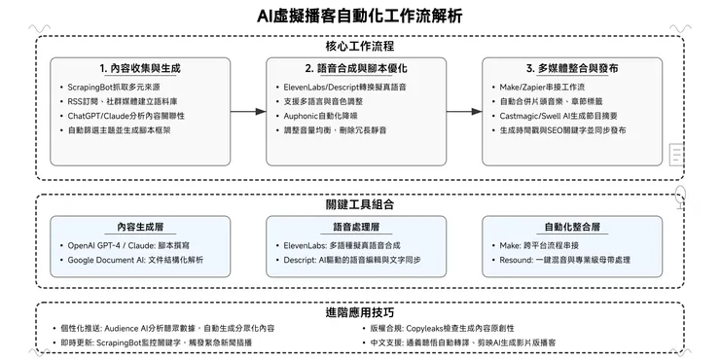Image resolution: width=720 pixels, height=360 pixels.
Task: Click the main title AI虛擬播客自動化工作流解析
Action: point(360,16)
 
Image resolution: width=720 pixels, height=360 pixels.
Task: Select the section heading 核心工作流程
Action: point(360,45)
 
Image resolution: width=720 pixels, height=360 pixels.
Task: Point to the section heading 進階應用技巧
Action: point(360,312)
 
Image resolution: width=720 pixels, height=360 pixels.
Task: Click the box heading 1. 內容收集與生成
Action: point(140,69)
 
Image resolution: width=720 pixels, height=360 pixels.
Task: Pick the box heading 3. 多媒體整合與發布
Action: point(572,69)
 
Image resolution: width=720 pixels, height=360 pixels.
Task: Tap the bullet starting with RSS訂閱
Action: point(127,102)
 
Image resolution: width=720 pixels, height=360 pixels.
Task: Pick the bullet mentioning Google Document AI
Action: point(148,261)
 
